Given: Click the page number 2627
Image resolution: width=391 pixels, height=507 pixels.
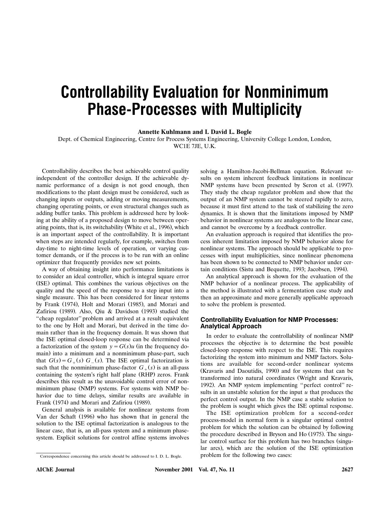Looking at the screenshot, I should pos(347,470).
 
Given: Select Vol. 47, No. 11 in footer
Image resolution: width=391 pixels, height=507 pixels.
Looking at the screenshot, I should pos(217,470).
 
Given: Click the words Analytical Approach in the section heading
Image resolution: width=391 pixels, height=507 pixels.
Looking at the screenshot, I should pos(231,326).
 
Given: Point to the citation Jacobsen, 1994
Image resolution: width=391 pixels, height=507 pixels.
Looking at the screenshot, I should pos(327,270).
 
